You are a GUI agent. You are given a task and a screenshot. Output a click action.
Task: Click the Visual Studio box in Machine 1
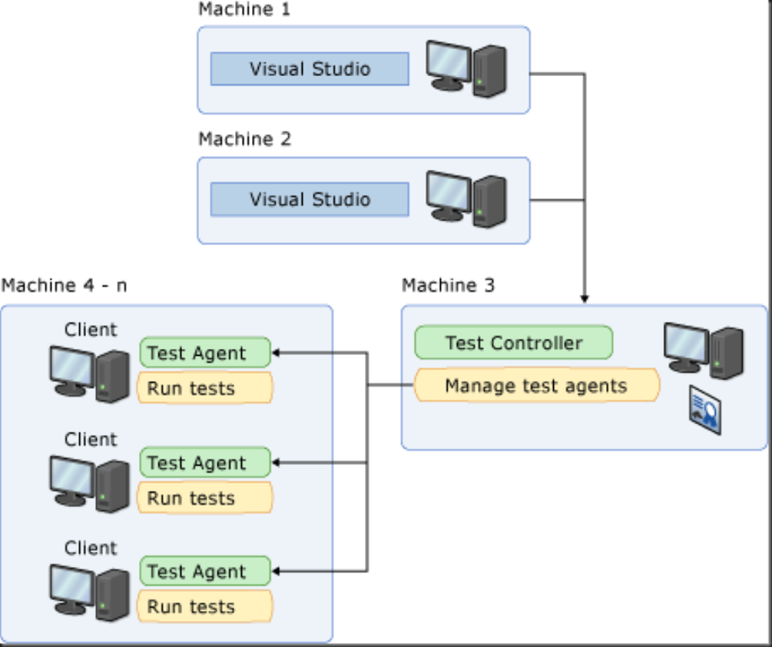(310, 69)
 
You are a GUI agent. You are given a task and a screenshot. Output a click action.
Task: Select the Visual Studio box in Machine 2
(310, 200)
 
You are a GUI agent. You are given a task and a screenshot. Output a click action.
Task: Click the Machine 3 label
(449, 286)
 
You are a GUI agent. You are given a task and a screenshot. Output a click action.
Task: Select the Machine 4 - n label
(65, 286)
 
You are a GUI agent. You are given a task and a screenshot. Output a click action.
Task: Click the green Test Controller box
(513, 343)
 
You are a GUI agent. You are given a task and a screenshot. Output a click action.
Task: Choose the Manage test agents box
(536, 385)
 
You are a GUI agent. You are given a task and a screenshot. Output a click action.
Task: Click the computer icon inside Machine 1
(466, 69)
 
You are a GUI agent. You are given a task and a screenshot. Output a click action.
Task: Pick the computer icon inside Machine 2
(466, 200)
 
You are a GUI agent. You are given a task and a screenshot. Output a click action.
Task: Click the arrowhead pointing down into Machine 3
(585, 299)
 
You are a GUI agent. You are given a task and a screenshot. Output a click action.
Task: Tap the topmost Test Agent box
(205, 353)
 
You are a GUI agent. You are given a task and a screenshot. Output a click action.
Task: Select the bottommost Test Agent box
(205, 572)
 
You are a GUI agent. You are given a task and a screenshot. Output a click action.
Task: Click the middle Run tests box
(205, 498)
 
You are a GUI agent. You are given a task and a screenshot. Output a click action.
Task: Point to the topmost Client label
(91, 330)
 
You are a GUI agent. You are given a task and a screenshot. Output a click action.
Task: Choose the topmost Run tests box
(205, 388)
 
